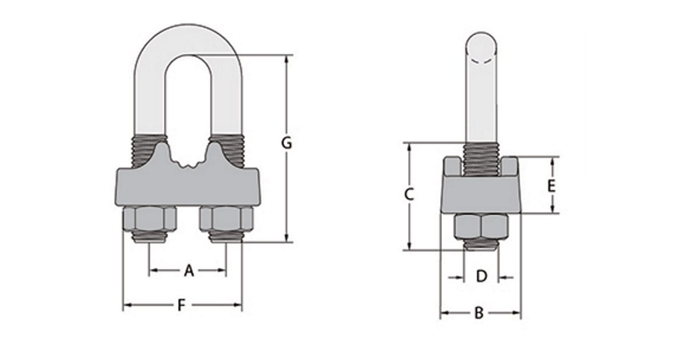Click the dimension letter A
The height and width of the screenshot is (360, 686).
tap(189, 271)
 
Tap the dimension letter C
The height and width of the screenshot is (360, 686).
tap(409, 195)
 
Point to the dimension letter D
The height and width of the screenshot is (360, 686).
tap(481, 277)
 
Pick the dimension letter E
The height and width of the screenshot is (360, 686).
tap(551, 186)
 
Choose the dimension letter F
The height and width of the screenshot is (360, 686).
tap(181, 305)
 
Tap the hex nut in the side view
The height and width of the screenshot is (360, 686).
tap(481, 226)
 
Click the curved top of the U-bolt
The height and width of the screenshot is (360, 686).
tap(189, 37)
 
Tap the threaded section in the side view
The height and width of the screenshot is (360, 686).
tap(481, 158)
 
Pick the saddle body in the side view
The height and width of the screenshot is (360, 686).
tap(481, 194)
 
